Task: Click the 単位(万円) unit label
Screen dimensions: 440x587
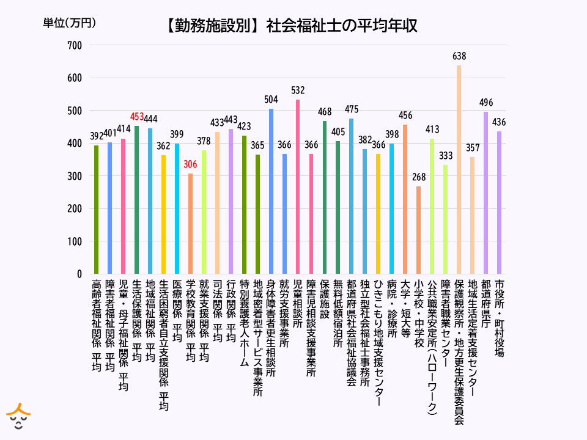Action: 70,23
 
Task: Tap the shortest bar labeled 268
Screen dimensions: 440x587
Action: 419,230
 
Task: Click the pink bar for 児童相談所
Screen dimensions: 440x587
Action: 298,186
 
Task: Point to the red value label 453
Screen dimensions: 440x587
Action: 137,117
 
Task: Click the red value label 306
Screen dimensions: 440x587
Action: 190,165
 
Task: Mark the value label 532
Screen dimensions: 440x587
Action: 298,90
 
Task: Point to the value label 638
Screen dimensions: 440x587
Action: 459,56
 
